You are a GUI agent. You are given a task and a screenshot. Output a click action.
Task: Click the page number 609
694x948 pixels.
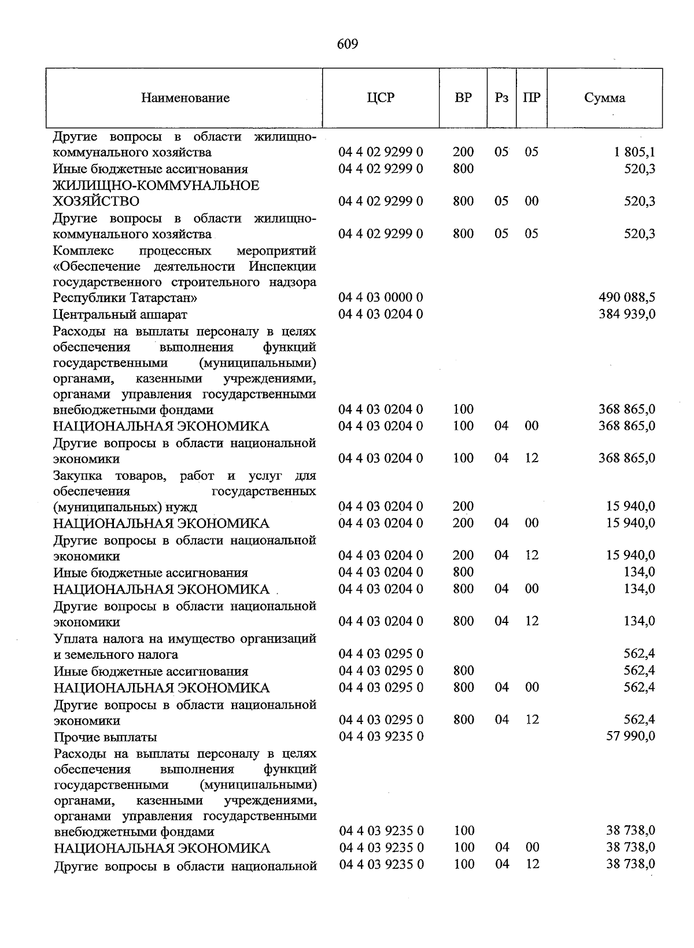pos(347,45)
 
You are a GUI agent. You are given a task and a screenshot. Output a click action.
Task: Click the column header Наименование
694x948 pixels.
pos(185,98)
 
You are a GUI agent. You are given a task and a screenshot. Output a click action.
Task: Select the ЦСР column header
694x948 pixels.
pos(381,98)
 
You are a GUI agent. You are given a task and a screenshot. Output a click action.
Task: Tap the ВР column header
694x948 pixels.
pos(463,98)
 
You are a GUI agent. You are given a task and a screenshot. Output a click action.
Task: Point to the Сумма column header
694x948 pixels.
pos(604,98)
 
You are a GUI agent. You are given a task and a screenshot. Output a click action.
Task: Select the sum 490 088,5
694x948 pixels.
pos(627,297)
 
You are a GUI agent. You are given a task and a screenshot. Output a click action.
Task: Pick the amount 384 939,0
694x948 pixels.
pos(627,314)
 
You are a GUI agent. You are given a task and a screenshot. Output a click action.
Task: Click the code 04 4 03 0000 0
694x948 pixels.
pos(381,297)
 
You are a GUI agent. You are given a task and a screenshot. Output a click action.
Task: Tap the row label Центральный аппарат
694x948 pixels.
pos(120,315)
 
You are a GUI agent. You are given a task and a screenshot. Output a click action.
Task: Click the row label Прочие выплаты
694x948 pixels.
pos(105,737)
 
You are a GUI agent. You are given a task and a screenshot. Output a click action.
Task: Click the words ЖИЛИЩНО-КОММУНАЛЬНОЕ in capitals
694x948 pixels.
pos(156,185)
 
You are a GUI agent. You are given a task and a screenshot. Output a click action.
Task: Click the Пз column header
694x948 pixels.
pos(501,98)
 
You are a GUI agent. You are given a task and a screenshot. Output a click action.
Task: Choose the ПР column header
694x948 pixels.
pos(531,98)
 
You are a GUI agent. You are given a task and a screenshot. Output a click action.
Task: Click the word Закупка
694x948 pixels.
pos(77,475)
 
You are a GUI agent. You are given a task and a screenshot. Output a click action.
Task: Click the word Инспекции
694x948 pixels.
pos(283,267)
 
